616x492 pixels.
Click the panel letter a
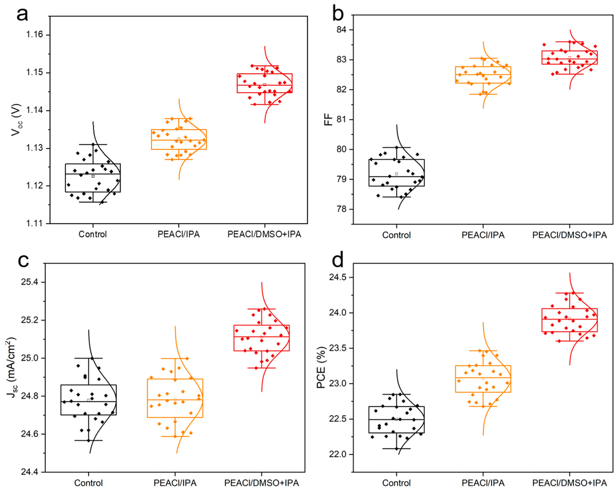point(22,14)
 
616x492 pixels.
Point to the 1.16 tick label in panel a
point(34,35)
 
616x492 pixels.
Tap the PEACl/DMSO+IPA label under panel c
point(262,483)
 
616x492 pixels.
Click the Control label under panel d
point(396,483)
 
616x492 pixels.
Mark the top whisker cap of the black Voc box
point(93,145)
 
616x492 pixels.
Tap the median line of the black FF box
point(396,176)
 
